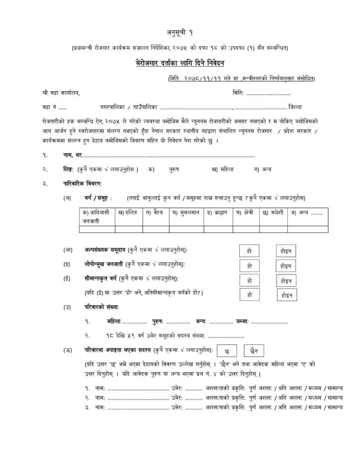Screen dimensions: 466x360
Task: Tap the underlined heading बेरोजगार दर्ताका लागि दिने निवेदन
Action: click(x=180, y=63)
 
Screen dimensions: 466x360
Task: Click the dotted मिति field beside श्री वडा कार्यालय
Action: click(x=268, y=93)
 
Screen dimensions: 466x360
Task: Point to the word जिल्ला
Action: click(x=294, y=107)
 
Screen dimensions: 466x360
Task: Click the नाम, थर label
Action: click(x=72, y=155)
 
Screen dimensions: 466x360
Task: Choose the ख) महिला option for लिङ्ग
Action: click(x=222, y=169)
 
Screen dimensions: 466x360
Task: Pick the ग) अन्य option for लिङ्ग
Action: click(x=262, y=169)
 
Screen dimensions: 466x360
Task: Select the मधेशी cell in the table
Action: click(x=272, y=212)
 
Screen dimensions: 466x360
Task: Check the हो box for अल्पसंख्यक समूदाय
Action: click(x=249, y=251)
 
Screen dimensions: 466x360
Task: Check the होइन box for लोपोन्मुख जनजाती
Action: click(x=286, y=266)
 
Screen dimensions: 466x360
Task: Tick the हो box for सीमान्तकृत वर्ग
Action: click(x=249, y=281)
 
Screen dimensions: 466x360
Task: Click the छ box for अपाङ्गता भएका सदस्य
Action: click(x=227, y=351)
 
